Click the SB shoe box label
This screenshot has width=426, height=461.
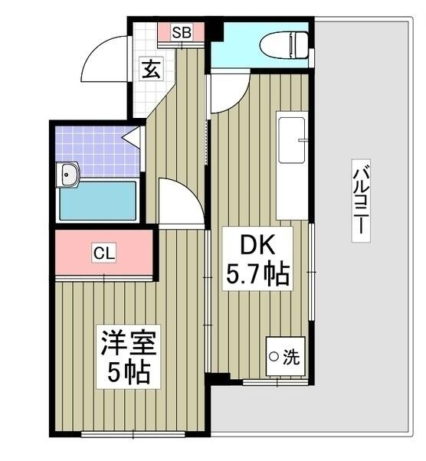[x=181, y=32]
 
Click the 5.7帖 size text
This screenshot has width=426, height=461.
[x=257, y=274]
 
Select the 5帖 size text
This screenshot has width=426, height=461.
[x=127, y=374]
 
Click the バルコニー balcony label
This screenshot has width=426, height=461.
[x=358, y=200]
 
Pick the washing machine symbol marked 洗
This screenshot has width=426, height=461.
[x=285, y=355]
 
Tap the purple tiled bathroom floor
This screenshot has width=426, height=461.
[x=96, y=149]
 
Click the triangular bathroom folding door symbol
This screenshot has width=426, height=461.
[x=133, y=139]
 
